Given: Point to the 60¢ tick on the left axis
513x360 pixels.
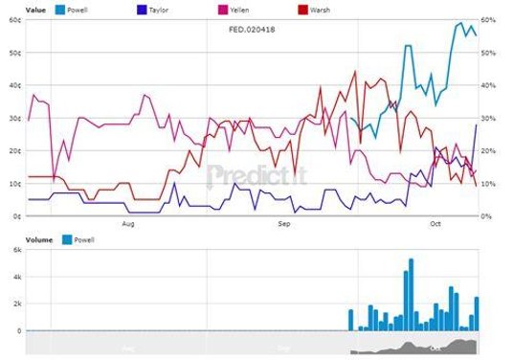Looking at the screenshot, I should (x=14, y=20).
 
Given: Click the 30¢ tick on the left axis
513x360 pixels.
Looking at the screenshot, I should (x=14, y=118).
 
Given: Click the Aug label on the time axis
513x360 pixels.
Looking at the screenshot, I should (x=129, y=225).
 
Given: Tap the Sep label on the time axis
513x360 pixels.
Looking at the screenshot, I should (x=283, y=225).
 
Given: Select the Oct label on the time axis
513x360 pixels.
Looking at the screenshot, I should (x=435, y=225).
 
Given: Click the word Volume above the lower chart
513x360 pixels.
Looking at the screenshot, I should (x=39, y=239).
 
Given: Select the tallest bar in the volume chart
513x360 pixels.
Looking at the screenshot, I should (x=411, y=294).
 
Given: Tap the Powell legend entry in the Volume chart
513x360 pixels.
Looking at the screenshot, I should (x=83, y=239).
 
